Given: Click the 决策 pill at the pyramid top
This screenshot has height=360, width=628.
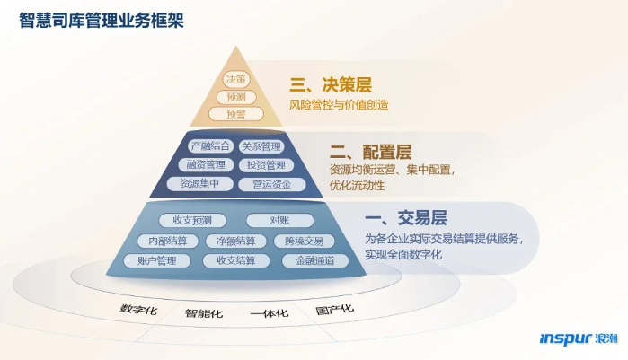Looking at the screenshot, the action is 236,79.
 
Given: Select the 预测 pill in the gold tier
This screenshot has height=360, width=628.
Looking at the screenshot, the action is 236,97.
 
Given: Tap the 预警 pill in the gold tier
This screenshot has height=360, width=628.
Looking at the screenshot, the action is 236,114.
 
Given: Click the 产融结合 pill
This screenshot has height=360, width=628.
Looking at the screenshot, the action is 210,146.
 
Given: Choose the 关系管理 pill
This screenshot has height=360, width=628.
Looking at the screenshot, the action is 261,146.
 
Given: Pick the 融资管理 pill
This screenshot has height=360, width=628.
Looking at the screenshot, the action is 206,164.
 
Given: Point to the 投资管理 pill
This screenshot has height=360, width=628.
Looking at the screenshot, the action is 266,165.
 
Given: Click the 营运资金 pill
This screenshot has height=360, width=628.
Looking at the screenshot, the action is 272,184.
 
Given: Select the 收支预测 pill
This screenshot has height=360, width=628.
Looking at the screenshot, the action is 192,221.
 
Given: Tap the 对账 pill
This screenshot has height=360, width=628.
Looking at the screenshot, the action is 280,221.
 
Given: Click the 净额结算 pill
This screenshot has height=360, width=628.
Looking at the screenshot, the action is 236,241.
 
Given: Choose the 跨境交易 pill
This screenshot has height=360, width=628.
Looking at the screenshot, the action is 304,241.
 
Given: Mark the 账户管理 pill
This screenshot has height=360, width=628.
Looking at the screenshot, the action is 156,261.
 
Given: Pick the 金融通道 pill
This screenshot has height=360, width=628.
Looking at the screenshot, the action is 315,261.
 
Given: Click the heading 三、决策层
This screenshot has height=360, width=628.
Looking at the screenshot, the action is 331,84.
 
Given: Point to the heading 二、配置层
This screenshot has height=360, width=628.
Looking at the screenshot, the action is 371,152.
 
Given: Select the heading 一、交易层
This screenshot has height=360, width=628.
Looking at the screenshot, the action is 406,218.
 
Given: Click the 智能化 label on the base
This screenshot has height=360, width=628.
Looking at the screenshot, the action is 204,313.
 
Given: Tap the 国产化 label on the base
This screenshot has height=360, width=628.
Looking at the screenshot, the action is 334,309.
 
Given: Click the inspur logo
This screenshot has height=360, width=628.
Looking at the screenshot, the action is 579,338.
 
